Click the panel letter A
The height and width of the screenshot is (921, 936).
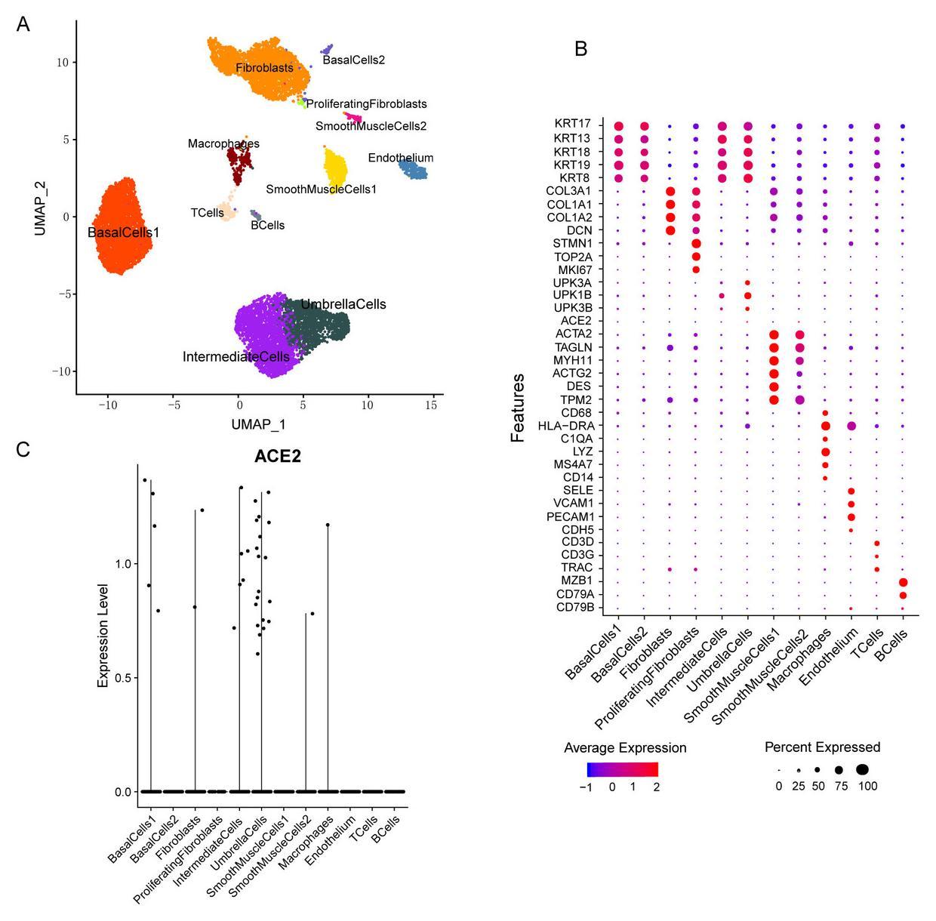pos(23,25)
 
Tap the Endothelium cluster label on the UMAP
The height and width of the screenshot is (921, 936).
pos(401,158)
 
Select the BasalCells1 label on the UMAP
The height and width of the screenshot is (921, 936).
pos(124,233)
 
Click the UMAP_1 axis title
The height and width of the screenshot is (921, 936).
pos(258,425)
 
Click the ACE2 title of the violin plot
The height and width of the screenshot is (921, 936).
pos(278,456)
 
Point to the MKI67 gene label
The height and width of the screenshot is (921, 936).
pos(575,270)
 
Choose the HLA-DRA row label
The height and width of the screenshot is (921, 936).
pos(571,426)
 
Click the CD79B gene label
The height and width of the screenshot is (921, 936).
pos(575,608)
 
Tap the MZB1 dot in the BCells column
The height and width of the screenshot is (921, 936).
pos(903,582)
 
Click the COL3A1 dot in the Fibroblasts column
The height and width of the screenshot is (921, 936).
pos(670,192)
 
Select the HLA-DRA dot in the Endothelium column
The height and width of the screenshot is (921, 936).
pos(851,427)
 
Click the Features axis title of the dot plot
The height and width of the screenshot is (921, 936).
pos(519,407)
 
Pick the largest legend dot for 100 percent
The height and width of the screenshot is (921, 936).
pos(863,769)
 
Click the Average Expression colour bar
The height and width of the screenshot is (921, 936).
pos(622,769)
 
